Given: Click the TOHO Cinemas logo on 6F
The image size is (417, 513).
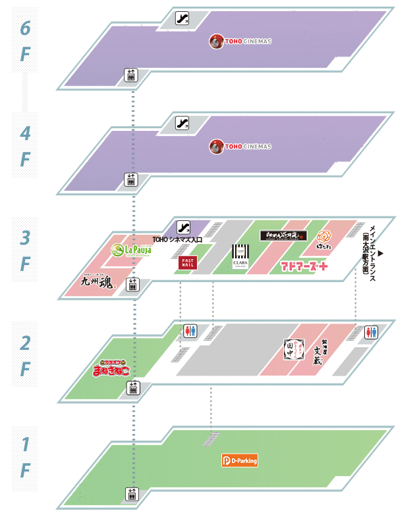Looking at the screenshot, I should (x=240, y=41).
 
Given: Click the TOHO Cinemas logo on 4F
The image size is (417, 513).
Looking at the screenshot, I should (x=240, y=146).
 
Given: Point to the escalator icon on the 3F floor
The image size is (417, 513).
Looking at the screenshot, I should (x=184, y=227).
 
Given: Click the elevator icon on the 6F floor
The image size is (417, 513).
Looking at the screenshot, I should (x=130, y=75).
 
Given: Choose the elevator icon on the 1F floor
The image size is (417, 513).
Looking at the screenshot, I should (x=132, y=493).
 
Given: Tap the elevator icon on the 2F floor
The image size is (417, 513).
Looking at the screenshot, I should (x=132, y=388).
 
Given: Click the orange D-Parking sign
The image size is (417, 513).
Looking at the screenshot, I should (x=239, y=461).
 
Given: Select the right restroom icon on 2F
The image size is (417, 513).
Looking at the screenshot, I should (x=371, y=331).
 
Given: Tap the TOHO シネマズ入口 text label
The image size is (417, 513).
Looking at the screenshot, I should (x=177, y=240).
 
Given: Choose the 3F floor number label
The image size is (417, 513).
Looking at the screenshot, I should (x=25, y=250).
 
